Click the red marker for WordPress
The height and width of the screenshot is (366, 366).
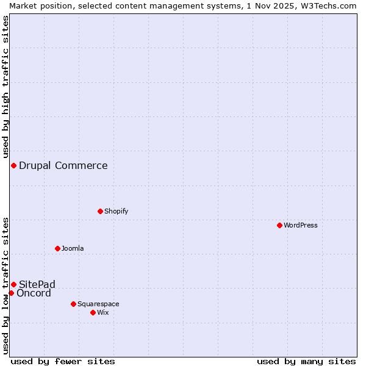(279, 225)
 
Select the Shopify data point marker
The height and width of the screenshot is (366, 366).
(100, 211)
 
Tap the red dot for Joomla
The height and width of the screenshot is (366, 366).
(57, 248)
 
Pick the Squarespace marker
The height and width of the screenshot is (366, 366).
(73, 304)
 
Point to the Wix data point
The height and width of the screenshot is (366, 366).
(93, 312)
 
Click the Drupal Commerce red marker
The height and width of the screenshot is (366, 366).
(13, 166)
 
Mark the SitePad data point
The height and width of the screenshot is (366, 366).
(13, 284)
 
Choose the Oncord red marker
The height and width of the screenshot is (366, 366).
(11, 293)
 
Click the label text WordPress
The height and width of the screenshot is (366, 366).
(301, 225)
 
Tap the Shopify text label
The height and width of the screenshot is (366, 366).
(117, 211)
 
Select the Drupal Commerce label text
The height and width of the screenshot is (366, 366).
(63, 166)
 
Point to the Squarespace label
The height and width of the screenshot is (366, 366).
(98, 304)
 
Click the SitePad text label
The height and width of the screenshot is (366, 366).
(37, 284)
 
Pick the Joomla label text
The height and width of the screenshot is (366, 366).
(73, 248)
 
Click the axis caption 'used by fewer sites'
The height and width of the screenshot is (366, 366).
(63, 361)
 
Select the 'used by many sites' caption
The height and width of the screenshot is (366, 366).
(306, 361)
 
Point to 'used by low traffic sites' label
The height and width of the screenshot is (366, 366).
(5, 285)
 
